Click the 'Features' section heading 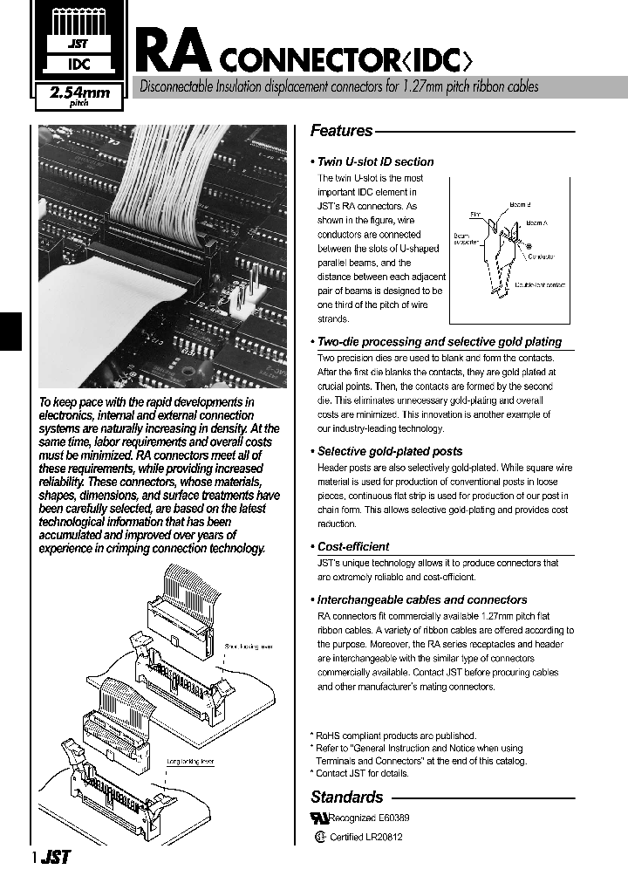pyautogui.click(x=341, y=131)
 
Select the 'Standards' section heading pyautogui.click(x=346, y=797)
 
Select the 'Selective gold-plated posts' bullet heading pyautogui.click(x=389, y=451)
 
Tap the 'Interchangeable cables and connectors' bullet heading pyautogui.click(x=421, y=599)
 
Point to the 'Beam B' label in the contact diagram pyautogui.click(x=521, y=204)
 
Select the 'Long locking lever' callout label pyautogui.click(x=190, y=761)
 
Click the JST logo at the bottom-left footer pyautogui.click(x=55, y=858)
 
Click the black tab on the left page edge pyautogui.click(x=10, y=331)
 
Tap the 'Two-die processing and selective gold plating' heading pyautogui.click(x=439, y=342)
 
